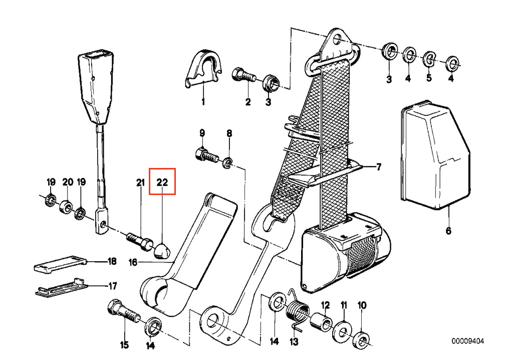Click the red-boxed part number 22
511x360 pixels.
coord(163,182)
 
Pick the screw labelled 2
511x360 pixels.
coord(243,77)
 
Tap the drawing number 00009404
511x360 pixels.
coord(468,342)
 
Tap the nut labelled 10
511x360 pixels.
coord(361,338)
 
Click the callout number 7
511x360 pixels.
coord(379,167)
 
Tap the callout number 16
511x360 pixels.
coord(132,262)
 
